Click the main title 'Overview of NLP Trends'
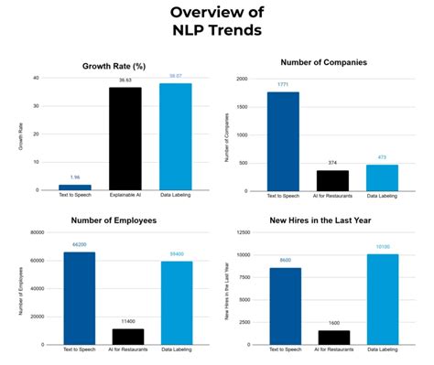[217, 20]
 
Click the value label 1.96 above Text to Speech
[75, 177]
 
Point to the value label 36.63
[125, 81]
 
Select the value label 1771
[283, 85]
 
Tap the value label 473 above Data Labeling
[383, 157]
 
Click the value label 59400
[176, 254]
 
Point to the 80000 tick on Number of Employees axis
[38, 232]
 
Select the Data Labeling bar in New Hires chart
[383, 299]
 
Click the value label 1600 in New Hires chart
[332, 323]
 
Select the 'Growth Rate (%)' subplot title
[125, 66]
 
